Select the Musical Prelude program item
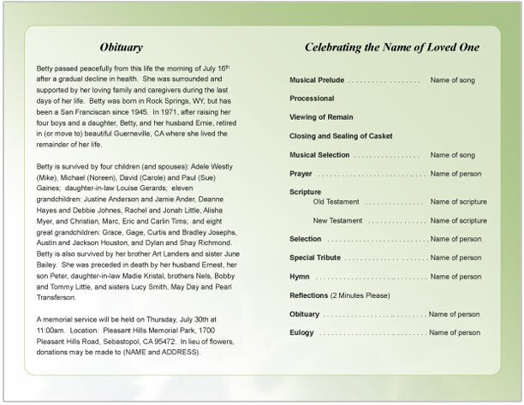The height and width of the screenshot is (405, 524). [317, 80]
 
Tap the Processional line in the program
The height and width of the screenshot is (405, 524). [312, 98]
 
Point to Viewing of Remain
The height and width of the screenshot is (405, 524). [319, 117]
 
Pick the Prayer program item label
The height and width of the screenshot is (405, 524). [301, 173]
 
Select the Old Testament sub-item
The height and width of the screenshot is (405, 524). [336, 201]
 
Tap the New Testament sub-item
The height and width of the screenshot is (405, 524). [337, 220]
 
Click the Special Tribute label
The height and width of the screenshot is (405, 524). [316, 258]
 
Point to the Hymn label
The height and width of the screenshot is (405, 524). [300, 277]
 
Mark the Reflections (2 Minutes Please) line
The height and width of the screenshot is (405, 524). [339, 295]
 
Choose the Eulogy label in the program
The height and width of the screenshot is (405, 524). [303, 332]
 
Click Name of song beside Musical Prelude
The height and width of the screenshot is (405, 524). [451, 80]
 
